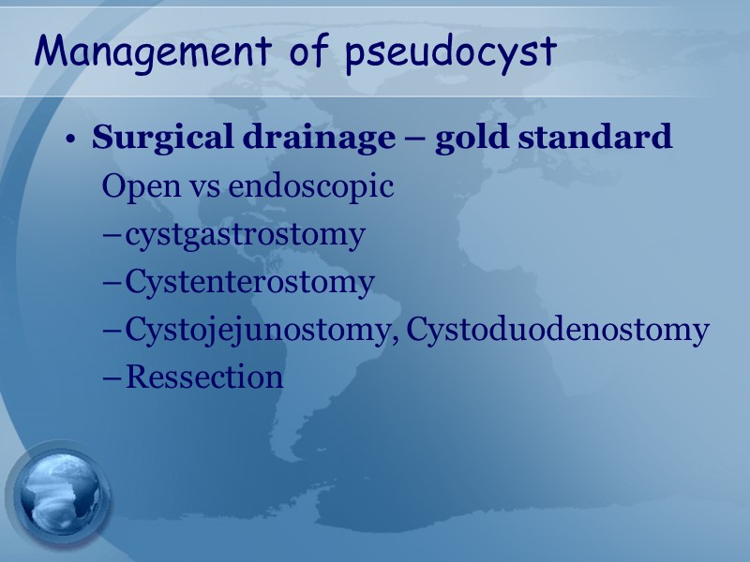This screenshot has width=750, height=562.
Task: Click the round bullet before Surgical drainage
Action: tap(70, 140)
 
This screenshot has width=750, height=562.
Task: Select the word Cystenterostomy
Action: tap(249, 282)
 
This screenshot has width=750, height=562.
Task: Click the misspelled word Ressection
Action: tap(204, 377)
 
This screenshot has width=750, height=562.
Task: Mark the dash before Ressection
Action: tap(112, 377)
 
